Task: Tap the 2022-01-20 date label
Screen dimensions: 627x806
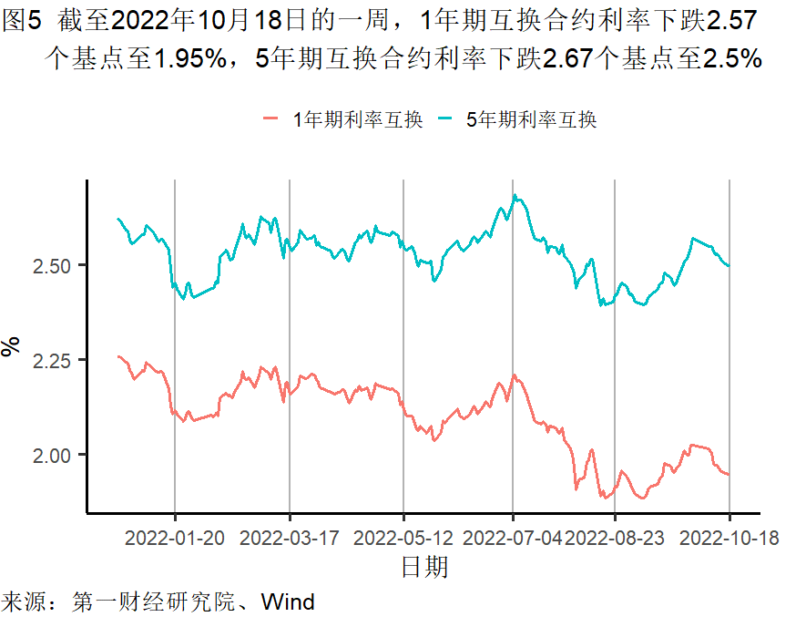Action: point(174,539)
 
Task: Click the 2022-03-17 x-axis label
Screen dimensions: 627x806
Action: point(289,539)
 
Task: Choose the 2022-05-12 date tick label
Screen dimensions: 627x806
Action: point(403,539)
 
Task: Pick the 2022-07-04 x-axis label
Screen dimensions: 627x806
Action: point(513,539)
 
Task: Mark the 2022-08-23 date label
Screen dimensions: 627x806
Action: point(616,539)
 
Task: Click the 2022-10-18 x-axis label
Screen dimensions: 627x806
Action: point(729,539)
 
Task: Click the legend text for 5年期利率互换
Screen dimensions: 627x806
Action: point(532,119)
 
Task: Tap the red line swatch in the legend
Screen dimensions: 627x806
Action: point(270,119)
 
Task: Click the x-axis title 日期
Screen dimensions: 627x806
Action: point(424,568)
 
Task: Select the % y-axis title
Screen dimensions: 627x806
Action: point(12,346)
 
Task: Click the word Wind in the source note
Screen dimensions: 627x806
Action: point(288,602)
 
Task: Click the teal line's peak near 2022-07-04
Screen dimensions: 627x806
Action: point(515,195)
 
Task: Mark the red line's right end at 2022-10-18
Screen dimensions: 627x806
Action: point(729,474)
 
